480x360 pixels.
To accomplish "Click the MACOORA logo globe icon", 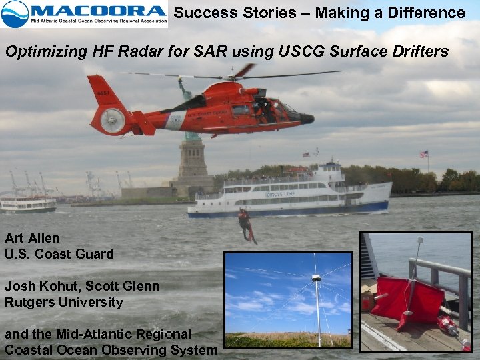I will point(15,13).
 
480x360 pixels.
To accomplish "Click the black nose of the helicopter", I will point(307,118).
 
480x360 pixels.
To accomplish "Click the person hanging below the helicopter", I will point(246,224).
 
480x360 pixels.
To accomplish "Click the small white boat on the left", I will point(28,204).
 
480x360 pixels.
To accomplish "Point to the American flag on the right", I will point(423,155).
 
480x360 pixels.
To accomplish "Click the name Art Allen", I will point(32,238).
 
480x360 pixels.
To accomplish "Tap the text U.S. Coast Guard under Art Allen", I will point(59,254).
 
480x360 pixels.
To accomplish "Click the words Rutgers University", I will point(64,302).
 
